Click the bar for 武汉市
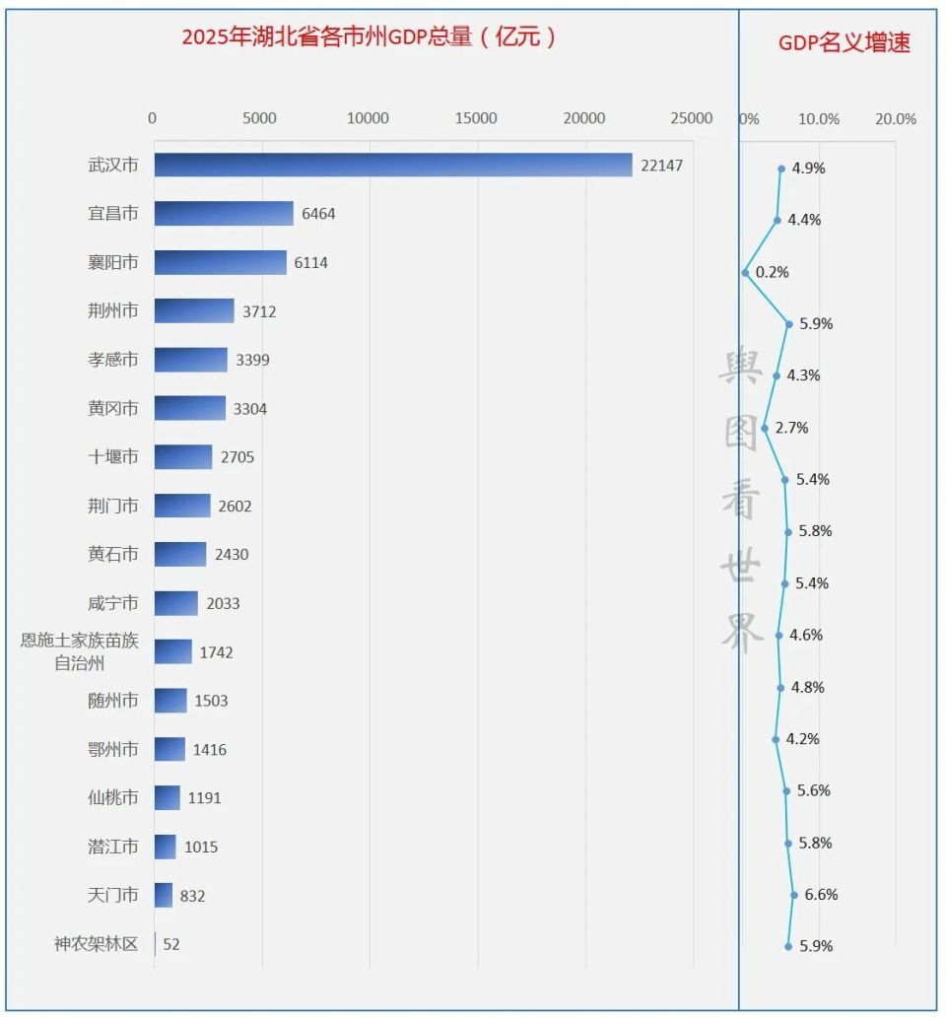click(x=392, y=165)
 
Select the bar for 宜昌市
click(x=224, y=214)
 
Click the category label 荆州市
click(x=112, y=311)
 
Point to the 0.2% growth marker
click(x=746, y=272)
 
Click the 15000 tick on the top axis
click(x=476, y=118)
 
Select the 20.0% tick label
click(x=895, y=119)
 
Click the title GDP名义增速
click(x=844, y=43)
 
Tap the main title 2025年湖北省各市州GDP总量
click(x=370, y=38)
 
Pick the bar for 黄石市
click(x=180, y=555)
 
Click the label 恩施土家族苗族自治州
click(x=80, y=651)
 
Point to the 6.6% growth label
click(x=821, y=895)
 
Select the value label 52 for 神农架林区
click(x=171, y=944)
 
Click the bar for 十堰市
click(x=183, y=457)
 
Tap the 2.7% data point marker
click(x=765, y=428)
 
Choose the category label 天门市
click(x=112, y=896)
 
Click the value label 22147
click(x=661, y=166)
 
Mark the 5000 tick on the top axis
click(x=260, y=118)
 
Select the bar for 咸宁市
click(x=176, y=603)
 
